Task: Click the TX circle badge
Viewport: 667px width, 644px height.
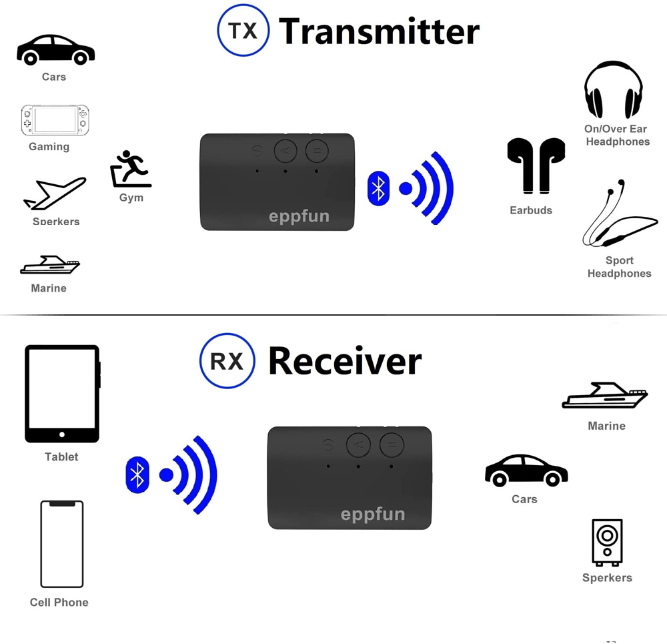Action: click(x=243, y=30)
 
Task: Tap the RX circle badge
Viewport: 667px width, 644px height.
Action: click(x=227, y=361)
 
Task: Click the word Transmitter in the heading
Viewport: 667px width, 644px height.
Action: click(x=379, y=31)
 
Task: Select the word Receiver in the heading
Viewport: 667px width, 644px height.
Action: click(x=344, y=361)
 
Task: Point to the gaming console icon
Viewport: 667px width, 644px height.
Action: click(x=55, y=120)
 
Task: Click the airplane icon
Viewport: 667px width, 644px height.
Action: click(x=55, y=194)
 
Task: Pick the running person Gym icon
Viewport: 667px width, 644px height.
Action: click(x=130, y=170)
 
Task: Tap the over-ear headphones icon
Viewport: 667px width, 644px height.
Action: click(x=614, y=90)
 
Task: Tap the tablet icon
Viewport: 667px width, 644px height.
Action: click(x=62, y=394)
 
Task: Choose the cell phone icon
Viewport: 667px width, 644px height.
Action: click(x=62, y=544)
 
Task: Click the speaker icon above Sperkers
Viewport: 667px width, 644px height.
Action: click(x=607, y=543)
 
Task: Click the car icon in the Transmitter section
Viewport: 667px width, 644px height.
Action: click(x=55, y=50)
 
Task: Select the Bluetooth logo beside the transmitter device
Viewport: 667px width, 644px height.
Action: click(x=379, y=188)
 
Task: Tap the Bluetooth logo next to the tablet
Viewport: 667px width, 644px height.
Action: click(x=137, y=474)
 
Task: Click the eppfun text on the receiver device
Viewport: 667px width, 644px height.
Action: click(x=372, y=515)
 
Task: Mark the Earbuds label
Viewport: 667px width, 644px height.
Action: click(x=531, y=210)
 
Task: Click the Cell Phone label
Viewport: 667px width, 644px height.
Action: click(x=59, y=602)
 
